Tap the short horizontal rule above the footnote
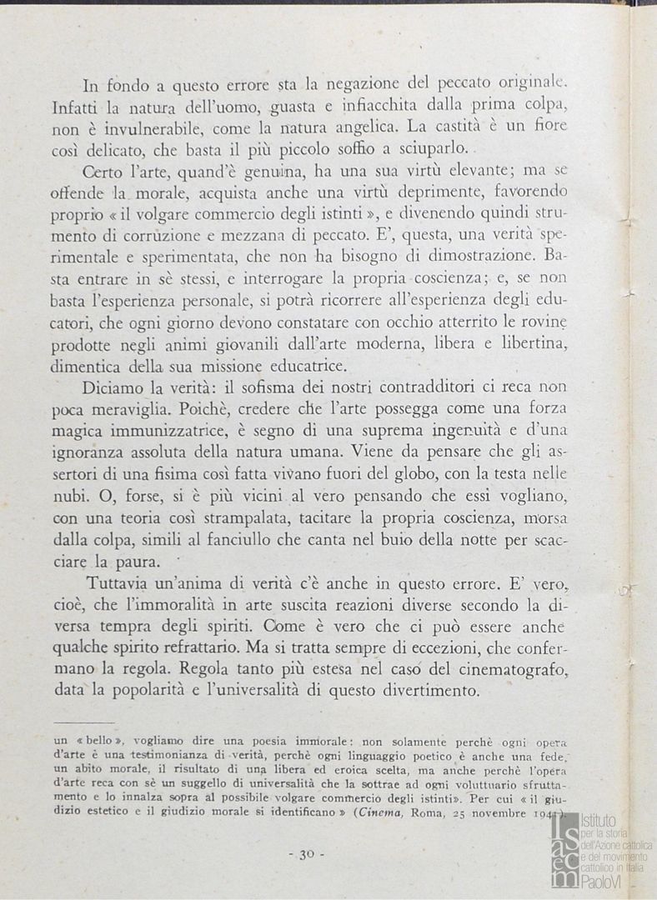pos(83,723)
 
